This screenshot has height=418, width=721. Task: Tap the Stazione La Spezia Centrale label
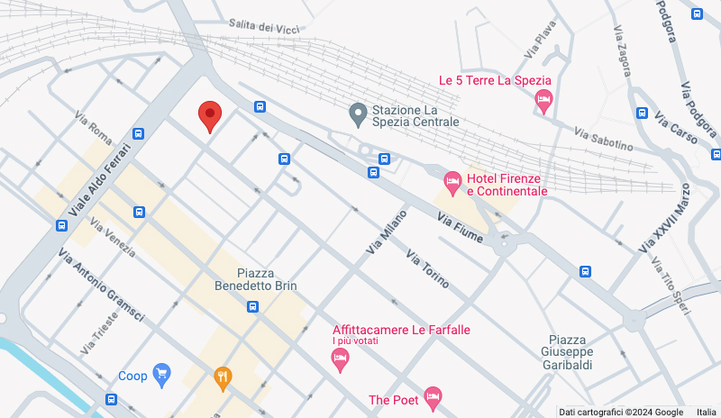coord(415,115)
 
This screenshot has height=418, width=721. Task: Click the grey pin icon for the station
coord(358,114)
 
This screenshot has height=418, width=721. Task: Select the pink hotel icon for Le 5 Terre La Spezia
coord(543,101)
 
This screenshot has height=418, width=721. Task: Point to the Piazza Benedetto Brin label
coord(255,279)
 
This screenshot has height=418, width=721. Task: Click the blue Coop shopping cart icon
coord(162,375)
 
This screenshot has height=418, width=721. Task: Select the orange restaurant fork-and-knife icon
coord(222,378)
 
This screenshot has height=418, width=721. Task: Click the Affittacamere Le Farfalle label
coord(401,330)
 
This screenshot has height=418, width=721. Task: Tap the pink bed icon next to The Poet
coord(433,396)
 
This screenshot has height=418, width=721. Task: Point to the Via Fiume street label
coord(460,229)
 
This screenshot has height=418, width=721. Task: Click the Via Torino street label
coord(428,268)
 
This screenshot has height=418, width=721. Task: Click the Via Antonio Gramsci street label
coord(102,286)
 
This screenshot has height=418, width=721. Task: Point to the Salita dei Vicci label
coord(263,27)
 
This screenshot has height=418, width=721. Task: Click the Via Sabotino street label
coord(603,138)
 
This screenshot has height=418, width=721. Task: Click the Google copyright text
coord(620,412)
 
